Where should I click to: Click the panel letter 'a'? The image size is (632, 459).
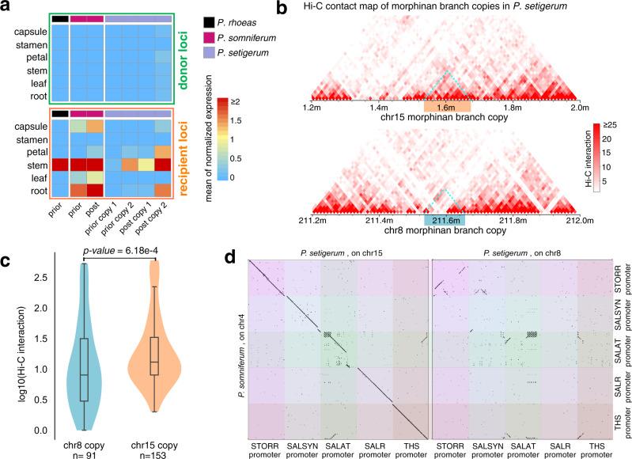(6, 7)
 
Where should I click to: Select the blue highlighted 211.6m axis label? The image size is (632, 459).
(448, 219)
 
